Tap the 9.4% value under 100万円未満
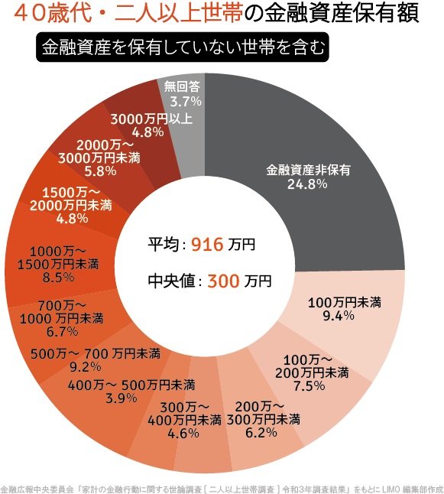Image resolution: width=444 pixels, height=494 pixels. (x=344, y=316)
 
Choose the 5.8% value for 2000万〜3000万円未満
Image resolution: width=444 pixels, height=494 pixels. (x=100, y=171)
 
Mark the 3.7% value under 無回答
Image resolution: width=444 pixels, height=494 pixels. (x=186, y=100)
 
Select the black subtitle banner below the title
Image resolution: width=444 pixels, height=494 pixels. (x=182, y=47)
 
